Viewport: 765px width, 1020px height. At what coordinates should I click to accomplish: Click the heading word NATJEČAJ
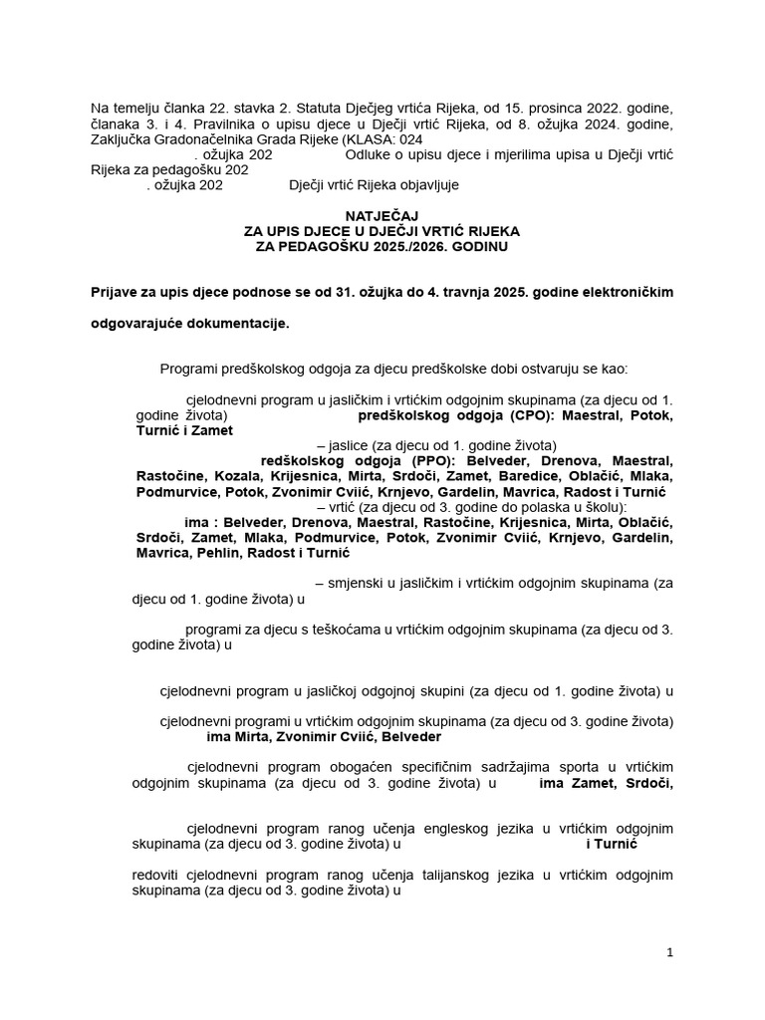point(382,215)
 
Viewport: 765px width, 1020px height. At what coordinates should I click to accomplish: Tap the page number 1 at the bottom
point(670,952)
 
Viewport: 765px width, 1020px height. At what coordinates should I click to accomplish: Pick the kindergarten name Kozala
point(236,477)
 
